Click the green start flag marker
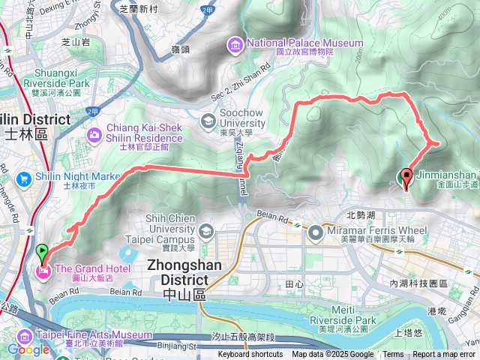pyautogui.click(x=42, y=253)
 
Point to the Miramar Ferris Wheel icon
pyautogui.click(x=315, y=234)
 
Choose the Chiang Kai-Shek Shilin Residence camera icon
pyautogui.click(x=95, y=135)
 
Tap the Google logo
pyautogui.click(x=28, y=349)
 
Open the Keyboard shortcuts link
pyautogui.click(x=250, y=355)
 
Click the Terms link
pyautogui.click(x=393, y=355)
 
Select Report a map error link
pyautogui.click(x=444, y=355)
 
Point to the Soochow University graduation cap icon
pyautogui.click(x=207, y=120)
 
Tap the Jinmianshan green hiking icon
pyautogui.click(x=401, y=178)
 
